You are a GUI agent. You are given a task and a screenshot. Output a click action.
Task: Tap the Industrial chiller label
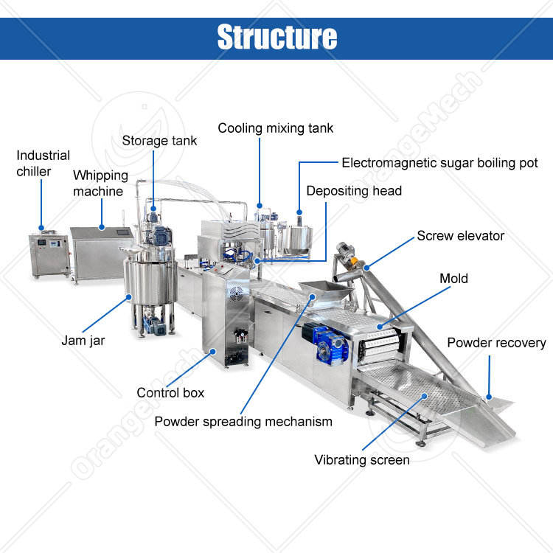[x=44, y=164]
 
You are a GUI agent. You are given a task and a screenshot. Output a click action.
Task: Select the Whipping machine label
[x=100, y=184]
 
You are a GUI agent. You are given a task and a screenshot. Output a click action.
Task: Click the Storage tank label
[x=159, y=140]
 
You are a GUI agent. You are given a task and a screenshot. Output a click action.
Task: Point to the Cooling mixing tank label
[x=275, y=128]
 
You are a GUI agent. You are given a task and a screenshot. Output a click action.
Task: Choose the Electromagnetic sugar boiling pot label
[x=439, y=163]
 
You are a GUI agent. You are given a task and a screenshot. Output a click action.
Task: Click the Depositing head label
[x=354, y=191]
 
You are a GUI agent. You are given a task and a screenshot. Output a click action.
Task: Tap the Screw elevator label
[x=460, y=236]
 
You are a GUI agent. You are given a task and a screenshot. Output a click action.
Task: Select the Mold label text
[x=453, y=279]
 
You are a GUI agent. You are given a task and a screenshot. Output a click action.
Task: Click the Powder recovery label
[x=496, y=343]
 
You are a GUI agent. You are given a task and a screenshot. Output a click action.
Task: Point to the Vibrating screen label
[x=362, y=460]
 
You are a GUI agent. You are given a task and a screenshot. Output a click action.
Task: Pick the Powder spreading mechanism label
[x=243, y=422]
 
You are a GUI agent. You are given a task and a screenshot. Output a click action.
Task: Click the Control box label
[x=170, y=393]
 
